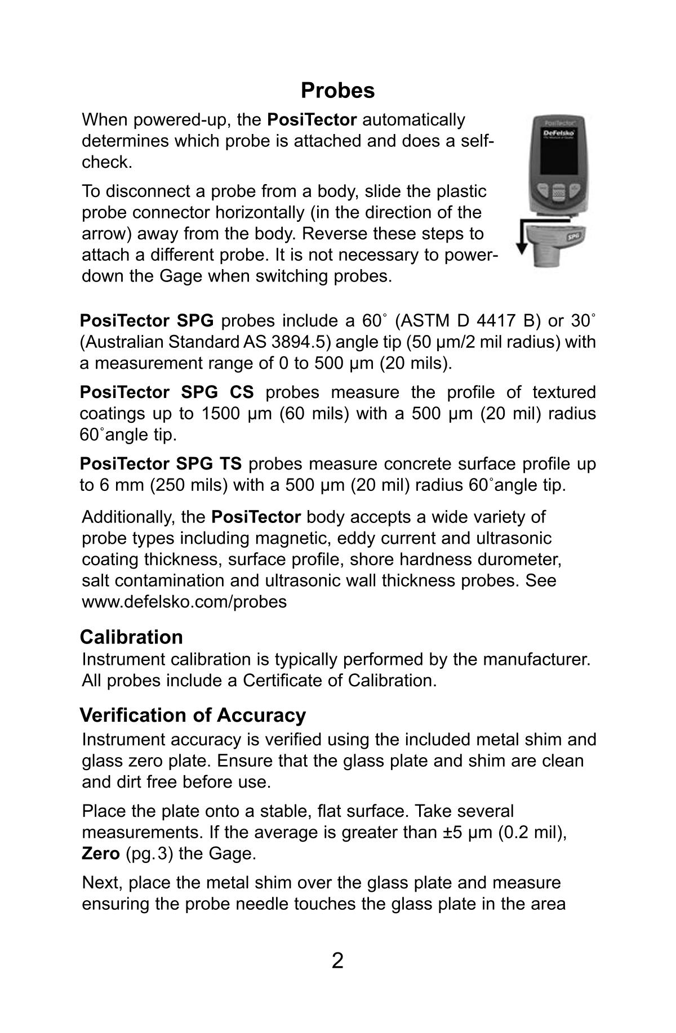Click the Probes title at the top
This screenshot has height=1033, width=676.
(x=337, y=90)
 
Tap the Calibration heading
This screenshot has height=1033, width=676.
(x=131, y=637)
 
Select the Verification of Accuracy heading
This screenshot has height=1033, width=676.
(x=193, y=715)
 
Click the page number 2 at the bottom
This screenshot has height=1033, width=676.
(x=337, y=960)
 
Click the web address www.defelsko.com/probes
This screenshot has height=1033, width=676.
(x=184, y=602)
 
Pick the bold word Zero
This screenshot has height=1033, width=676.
(x=100, y=854)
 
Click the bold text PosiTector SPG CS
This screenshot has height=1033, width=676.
(x=167, y=392)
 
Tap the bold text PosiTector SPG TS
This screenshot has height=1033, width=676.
(x=161, y=464)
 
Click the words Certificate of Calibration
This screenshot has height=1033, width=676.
(x=340, y=681)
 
